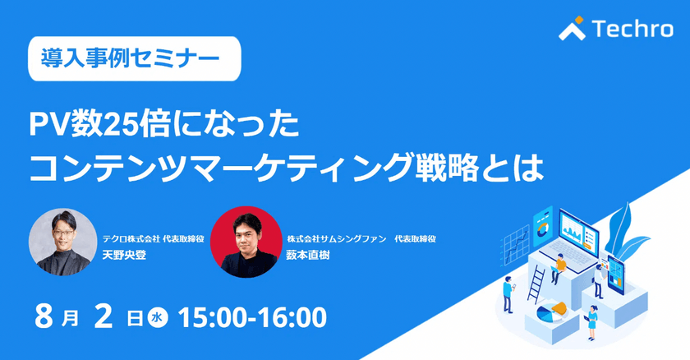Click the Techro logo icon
[572, 28]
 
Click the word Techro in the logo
[632, 29]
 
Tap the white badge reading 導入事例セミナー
[135, 58]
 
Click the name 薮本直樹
[308, 255]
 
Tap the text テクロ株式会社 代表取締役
[153, 239]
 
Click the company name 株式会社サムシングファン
[337, 239]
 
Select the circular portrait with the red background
[246, 242]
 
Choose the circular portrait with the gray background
[63, 242]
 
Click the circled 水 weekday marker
[158, 318]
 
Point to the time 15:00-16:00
[253, 318]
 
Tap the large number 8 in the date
[44, 317]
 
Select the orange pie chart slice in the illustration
[559, 307]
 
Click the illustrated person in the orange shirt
[559, 269]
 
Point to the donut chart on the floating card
[543, 228]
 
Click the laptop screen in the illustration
[578, 233]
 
